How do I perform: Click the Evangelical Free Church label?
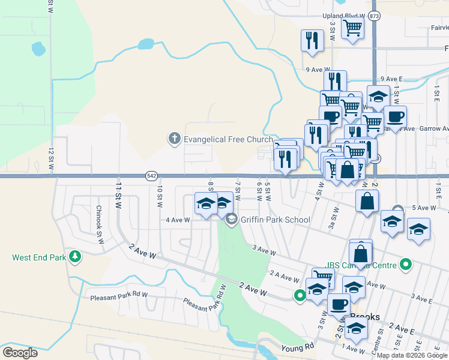[228, 139]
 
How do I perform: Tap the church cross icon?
[175, 139]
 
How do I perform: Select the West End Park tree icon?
[75, 257]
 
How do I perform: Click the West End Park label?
[38, 258]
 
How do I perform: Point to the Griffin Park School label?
[275, 220]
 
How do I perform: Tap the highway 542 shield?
[151, 176]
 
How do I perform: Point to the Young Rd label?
[298, 347]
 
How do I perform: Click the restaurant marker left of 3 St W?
[312, 40]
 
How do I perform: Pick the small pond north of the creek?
[145, 44]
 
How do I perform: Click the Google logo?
[20, 353]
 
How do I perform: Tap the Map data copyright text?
[411, 355]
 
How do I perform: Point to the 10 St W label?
[160, 196]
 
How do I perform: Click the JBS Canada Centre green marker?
[406, 264]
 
